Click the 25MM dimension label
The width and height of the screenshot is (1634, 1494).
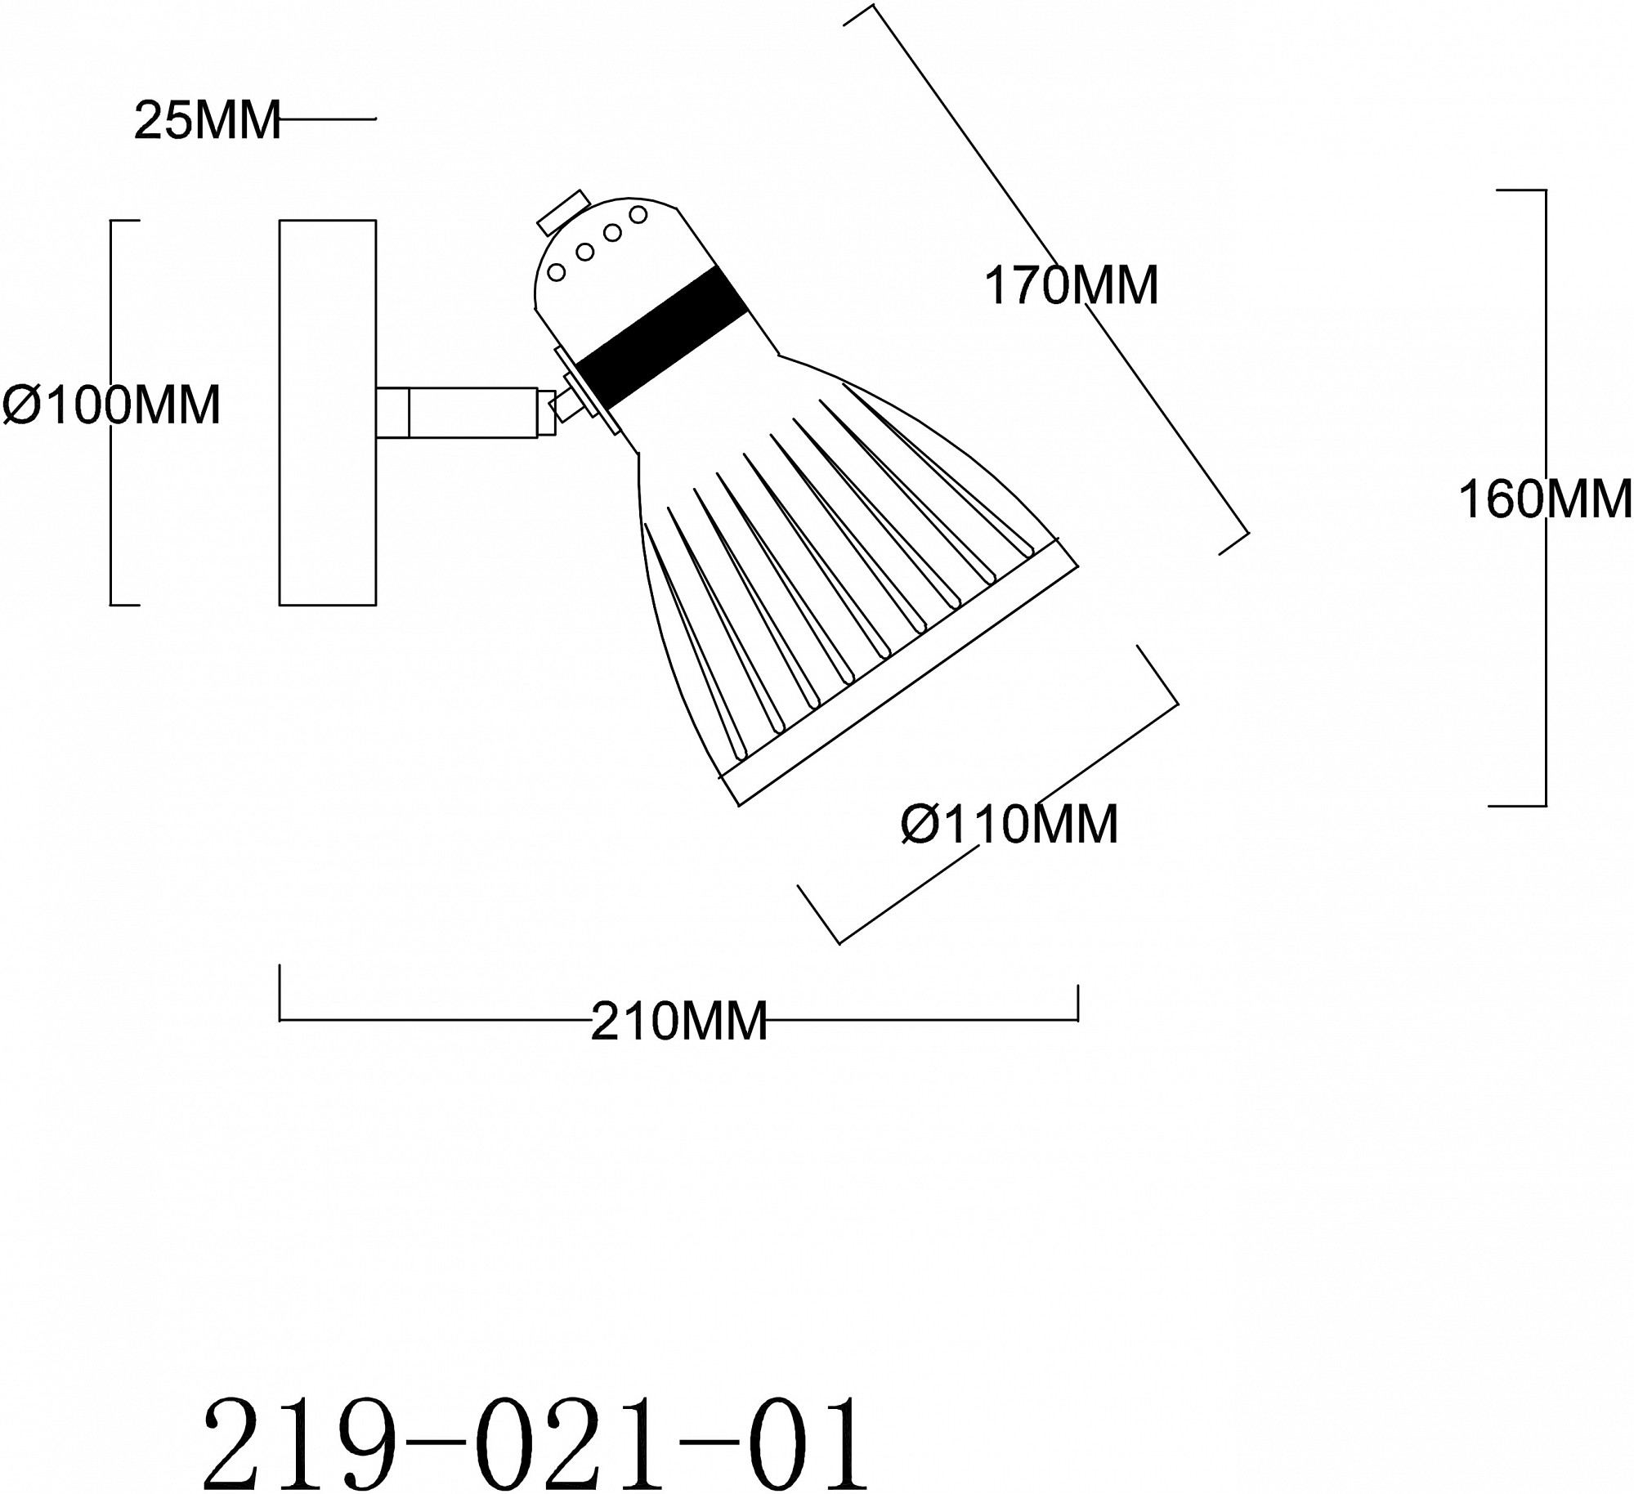[208, 120]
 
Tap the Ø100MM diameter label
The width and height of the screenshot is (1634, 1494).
[112, 405]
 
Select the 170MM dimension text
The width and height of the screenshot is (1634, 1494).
[1071, 285]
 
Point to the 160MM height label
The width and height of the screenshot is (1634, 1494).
[1545, 499]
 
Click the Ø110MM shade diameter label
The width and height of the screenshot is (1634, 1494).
[1009, 823]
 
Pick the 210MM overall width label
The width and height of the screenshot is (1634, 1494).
[679, 1021]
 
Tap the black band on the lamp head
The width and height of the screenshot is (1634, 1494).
[661, 338]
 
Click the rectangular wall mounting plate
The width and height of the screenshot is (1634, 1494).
[328, 413]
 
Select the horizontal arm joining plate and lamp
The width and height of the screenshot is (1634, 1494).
[464, 413]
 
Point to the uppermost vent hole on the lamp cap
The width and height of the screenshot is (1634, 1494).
[638, 215]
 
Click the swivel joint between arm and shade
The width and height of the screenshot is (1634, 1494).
[567, 406]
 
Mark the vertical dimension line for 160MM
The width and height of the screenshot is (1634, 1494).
[1546, 498]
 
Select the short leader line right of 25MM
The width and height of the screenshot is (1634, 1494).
[328, 119]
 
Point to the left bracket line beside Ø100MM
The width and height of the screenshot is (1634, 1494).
[112, 413]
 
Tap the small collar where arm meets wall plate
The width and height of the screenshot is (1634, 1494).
[392, 413]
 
